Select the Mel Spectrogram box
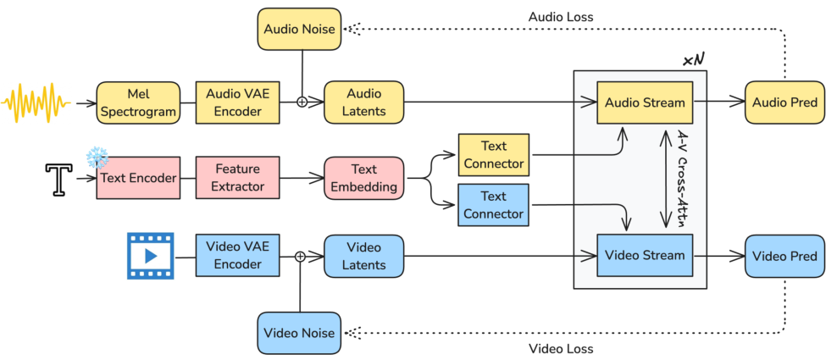click(138, 102)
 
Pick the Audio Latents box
click(364, 102)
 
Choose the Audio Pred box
click(785, 102)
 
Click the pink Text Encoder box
click(137, 178)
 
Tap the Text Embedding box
click(364, 179)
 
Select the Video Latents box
click(364, 256)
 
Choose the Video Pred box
click(785, 256)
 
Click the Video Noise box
click(299, 331)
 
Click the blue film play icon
click(150, 255)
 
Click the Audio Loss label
click(559, 16)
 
